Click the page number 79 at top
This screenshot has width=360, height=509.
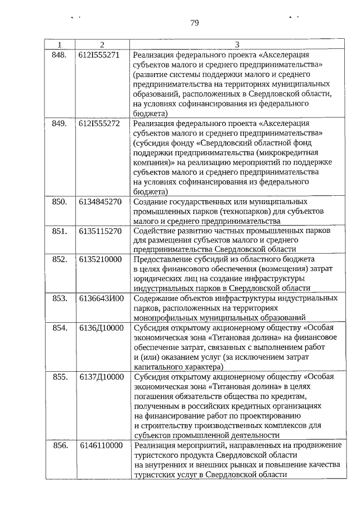pos(195,23)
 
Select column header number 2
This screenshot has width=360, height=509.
pos(102,45)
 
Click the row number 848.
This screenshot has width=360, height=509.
pos(59,56)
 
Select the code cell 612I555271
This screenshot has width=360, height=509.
pos(99,56)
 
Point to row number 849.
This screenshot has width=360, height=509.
pos(59,123)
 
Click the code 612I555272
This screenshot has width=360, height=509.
pos(99,123)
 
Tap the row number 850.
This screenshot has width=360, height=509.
pos(60,201)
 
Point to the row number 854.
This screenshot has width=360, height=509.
pos(60,328)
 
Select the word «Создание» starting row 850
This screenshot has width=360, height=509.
pos(151,201)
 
